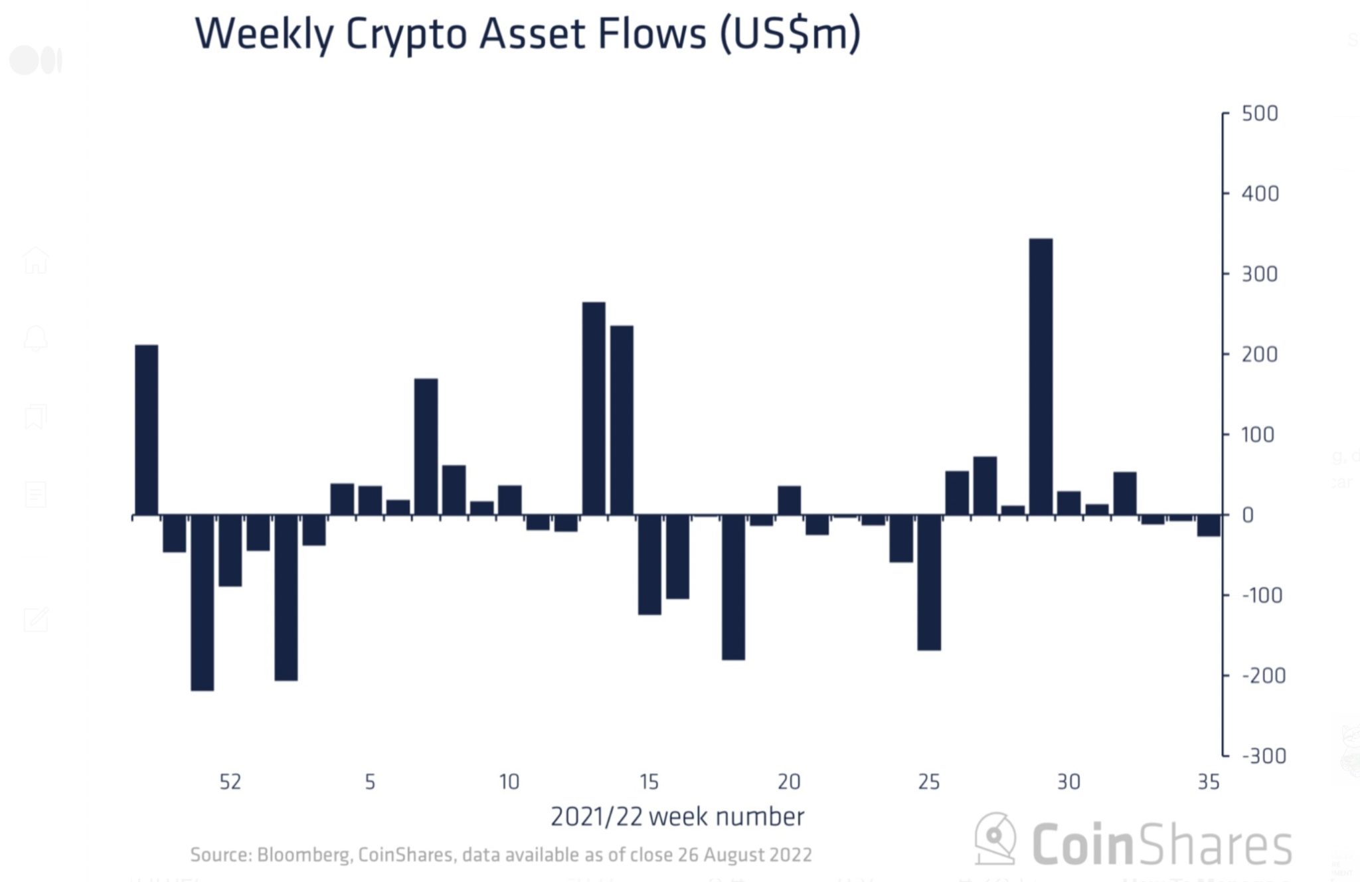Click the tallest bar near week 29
pos(1041,377)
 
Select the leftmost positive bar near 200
pos(147,430)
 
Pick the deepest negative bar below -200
pos(203,602)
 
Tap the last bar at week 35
pos(1209,525)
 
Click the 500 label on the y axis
pos(1260,114)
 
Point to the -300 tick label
pos(1264,756)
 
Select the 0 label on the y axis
pos(1248,515)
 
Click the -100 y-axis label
pos(1262,595)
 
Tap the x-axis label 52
pos(230,782)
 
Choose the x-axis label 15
pos(649,782)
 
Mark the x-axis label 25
pos(928,782)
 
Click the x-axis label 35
pos(1209,782)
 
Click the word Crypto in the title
pos(406,35)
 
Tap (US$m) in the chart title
pos(790,35)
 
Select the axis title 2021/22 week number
pos(677,817)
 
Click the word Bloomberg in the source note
pos(303,855)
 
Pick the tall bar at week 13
pos(594,408)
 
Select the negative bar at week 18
pos(733,587)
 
